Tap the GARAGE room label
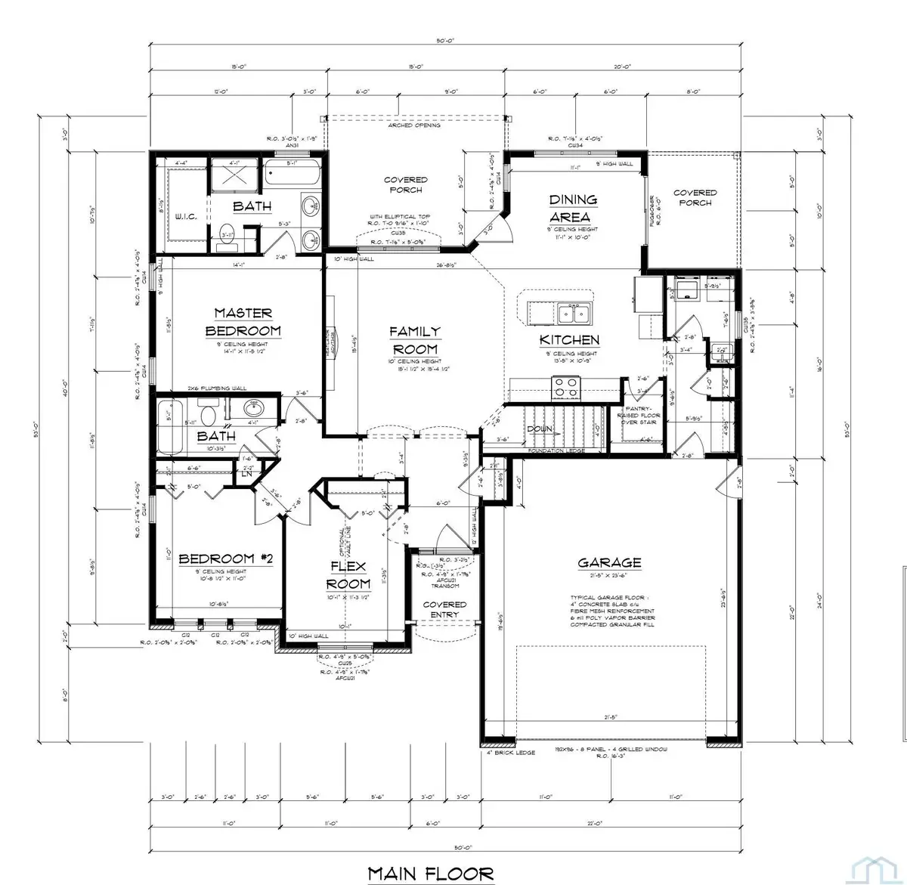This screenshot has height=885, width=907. pyautogui.click(x=609, y=562)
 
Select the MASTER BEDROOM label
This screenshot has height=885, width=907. pyautogui.click(x=243, y=322)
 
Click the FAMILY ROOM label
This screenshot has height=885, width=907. pyautogui.click(x=414, y=340)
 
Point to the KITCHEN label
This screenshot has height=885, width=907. pyautogui.click(x=569, y=340)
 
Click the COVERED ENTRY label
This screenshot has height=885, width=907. pyautogui.click(x=444, y=609)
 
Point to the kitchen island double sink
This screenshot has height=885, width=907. pyautogui.click(x=574, y=312)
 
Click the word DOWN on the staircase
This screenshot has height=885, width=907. pyautogui.click(x=539, y=429)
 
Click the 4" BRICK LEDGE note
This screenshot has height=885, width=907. pyautogui.click(x=510, y=753)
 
